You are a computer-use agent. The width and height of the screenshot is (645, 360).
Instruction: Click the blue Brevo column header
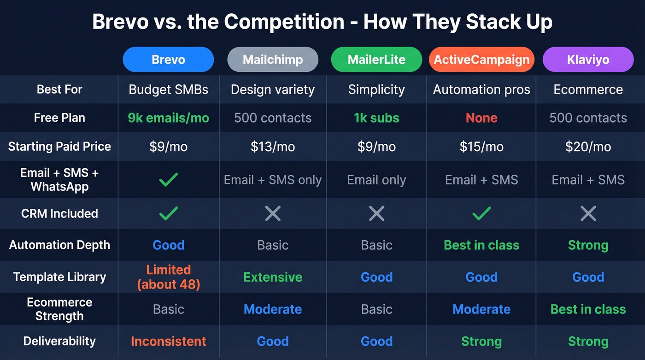168,59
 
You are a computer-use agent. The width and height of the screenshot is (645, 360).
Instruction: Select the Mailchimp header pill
273,59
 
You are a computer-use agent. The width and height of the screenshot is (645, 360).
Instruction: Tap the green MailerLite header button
376,59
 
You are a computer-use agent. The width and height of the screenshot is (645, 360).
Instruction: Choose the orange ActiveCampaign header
481,59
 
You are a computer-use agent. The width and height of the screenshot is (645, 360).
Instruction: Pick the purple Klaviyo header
588,59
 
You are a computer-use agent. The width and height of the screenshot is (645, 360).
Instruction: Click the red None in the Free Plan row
481,118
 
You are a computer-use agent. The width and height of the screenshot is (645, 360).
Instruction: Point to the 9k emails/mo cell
168,118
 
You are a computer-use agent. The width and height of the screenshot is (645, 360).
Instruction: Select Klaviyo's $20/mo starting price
588,147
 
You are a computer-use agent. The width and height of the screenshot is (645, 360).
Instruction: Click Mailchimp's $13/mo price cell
273,147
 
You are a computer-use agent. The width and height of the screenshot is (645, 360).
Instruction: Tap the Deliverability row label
59,342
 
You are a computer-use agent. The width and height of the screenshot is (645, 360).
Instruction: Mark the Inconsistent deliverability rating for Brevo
168,342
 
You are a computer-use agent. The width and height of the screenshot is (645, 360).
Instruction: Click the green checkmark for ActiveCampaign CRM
481,213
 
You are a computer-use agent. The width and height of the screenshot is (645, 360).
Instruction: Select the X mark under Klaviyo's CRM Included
588,213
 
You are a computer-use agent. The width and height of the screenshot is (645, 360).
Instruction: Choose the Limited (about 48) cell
168,277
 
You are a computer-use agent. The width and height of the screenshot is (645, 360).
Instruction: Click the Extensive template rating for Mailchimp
273,277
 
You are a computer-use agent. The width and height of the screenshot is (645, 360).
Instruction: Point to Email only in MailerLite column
376,180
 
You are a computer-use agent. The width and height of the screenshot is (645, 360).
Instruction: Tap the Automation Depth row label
59,245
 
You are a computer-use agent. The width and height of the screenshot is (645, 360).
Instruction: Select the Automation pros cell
481,90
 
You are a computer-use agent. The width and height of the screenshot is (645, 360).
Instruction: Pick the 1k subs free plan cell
376,118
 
